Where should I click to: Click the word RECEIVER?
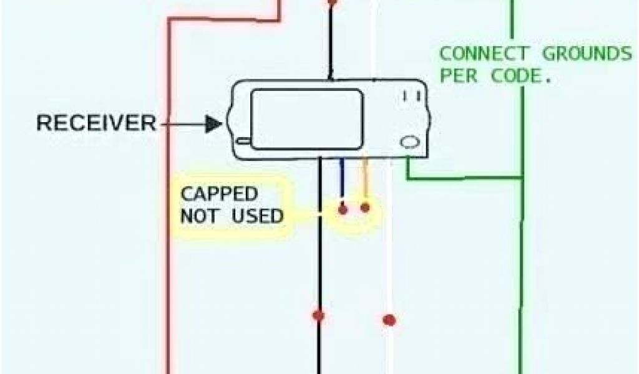(x=96, y=123)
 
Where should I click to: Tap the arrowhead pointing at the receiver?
(x=214, y=125)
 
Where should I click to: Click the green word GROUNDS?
(x=587, y=54)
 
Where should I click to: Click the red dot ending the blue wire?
(x=343, y=209)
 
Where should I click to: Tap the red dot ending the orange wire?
(x=365, y=207)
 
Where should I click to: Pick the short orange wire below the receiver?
(x=365, y=178)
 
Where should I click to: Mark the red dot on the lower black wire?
(x=319, y=315)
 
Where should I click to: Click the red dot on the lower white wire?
(x=389, y=320)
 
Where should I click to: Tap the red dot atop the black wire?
(x=332, y=2)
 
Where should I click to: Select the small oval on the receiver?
(x=409, y=142)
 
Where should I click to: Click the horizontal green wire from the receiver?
(x=465, y=179)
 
